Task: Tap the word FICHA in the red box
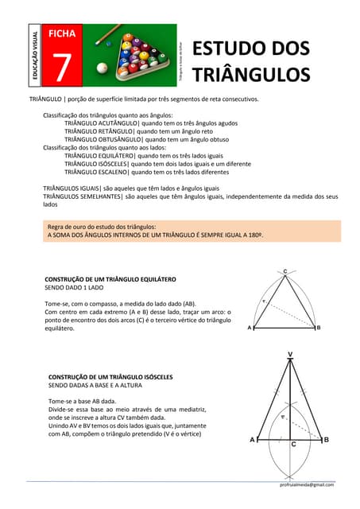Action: point(62,33)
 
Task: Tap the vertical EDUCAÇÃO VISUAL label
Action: point(36,56)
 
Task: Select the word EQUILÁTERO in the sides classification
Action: point(118,156)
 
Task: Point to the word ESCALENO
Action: point(114,171)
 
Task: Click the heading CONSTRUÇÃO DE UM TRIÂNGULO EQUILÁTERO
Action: point(110,280)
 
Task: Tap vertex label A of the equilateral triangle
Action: point(250,328)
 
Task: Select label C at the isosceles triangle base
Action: point(292,445)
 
